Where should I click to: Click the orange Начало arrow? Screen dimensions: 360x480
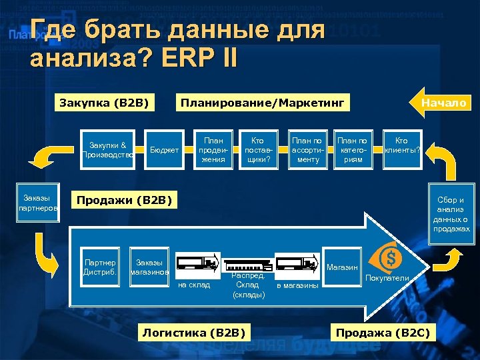coord(441,103)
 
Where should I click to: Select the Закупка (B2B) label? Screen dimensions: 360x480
coord(103,103)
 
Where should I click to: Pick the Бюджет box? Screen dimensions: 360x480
coord(164,150)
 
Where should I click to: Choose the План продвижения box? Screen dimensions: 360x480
coord(213,150)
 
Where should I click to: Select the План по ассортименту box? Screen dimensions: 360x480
coord(307,150)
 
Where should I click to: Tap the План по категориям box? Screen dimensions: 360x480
coord(353,150)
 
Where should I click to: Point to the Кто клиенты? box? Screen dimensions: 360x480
coord(402,146)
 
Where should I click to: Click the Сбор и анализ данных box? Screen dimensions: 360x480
coord(451,213)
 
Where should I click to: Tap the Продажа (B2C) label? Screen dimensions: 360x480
coord(383,332)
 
